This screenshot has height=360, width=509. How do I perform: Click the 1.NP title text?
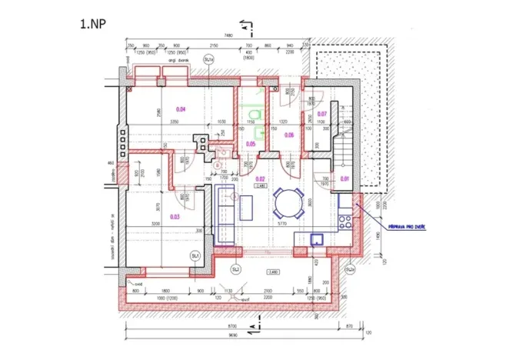(93, 24)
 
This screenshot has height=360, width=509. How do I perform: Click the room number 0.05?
(251, 143)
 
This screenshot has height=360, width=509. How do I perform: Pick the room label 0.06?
(289, 135)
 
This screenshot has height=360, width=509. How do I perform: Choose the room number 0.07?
(322, 114)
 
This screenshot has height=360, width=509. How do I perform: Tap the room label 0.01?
(344, 178)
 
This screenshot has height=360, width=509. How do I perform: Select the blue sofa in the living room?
(224, 213)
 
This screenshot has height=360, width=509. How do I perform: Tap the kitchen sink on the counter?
(317, 239)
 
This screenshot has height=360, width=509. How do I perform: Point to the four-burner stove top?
(345, 220)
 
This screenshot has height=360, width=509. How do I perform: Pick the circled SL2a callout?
(350, 270)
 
